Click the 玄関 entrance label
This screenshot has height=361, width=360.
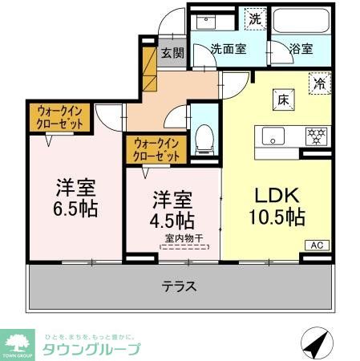(x=171, y=53)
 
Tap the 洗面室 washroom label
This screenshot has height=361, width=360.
(x=228, y=48)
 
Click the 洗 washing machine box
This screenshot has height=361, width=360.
(x=254, y=18)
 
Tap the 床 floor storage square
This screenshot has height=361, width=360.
(x=283, y=99)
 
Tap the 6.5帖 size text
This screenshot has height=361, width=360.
(x=75, y=211)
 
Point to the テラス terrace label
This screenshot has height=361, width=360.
(x=180, y=286)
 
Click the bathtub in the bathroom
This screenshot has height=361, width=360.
(x=300, y=21)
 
